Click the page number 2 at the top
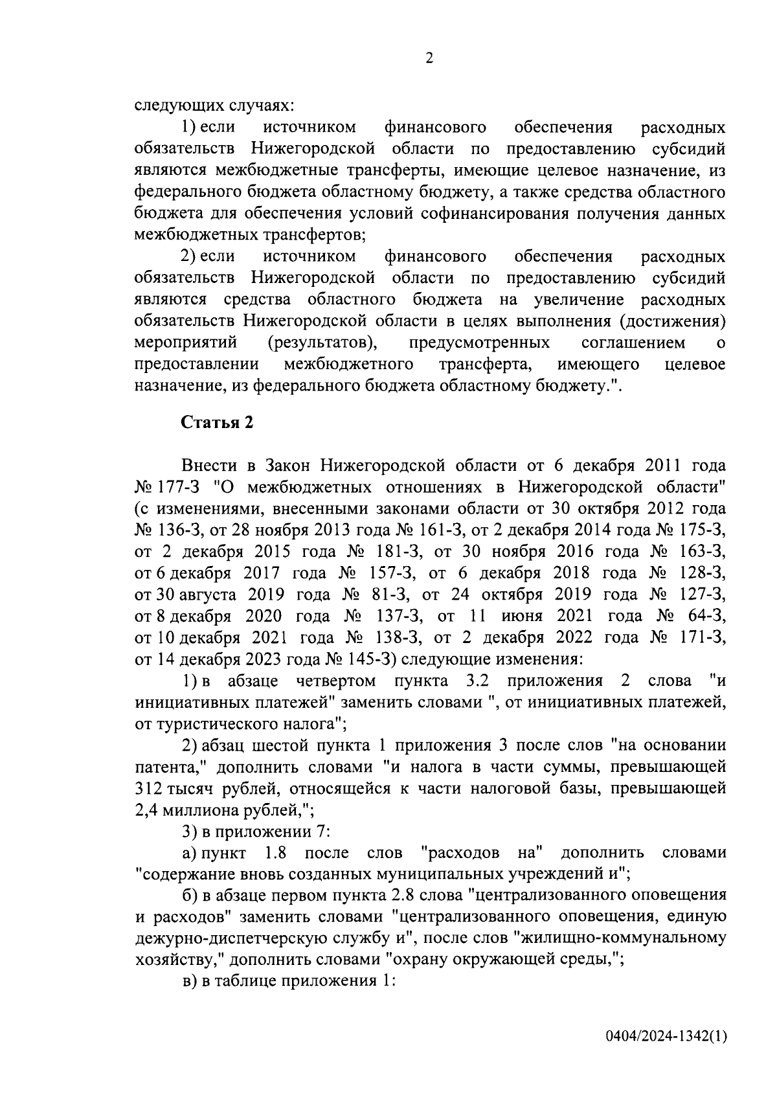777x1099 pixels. click(429, 59)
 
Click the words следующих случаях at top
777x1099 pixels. click(214, 106)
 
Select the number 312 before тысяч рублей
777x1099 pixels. click(148, 788)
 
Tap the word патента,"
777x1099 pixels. click(169, 767)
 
